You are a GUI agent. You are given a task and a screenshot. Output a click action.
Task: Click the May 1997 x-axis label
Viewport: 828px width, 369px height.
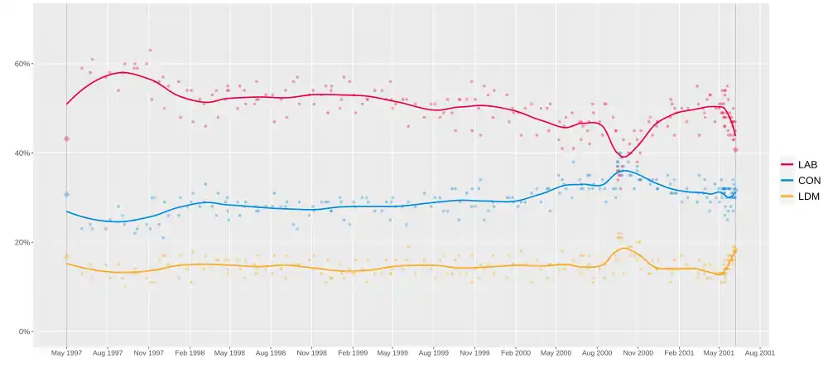pyautogui.click(x=66, y=352)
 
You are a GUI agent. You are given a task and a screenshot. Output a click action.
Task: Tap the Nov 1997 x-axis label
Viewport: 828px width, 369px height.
pyautogui.click(x=148, y=352)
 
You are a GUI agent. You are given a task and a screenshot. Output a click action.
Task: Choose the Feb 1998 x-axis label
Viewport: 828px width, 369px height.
pyautogui.click(x=190, y=352)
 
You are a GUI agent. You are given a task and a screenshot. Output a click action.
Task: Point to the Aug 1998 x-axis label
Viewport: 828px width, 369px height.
pyautogui.click(x=271, y=352)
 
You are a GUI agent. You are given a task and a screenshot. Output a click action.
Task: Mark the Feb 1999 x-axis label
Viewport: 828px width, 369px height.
pyautogui.click(x=353, y=352)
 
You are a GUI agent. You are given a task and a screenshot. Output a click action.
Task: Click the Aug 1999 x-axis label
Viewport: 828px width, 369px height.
pyautogui.click(x=434, y=352)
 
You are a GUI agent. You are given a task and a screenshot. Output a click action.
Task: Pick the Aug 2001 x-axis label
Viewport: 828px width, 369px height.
pyautogui.click(x=759, y=352)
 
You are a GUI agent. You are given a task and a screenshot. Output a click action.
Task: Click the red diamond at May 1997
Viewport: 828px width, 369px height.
pyautogui.click(x=66, y=138)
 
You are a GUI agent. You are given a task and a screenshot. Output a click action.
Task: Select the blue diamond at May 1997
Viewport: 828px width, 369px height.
pyautogui.click(x=66, y=194)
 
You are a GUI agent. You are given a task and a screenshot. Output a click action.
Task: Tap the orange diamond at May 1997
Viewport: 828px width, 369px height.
pyautogui.click(x=66, y=256)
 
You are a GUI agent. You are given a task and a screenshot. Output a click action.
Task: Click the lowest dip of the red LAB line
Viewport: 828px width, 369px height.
pyautogui.click(x=623, y=157)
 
